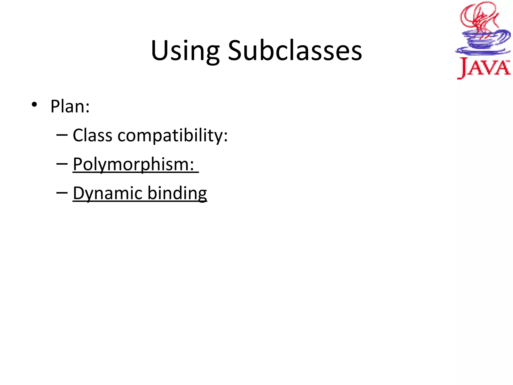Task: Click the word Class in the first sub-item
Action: coord(92,135)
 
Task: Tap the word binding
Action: coord(177,194)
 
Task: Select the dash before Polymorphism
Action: coord(62,164)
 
